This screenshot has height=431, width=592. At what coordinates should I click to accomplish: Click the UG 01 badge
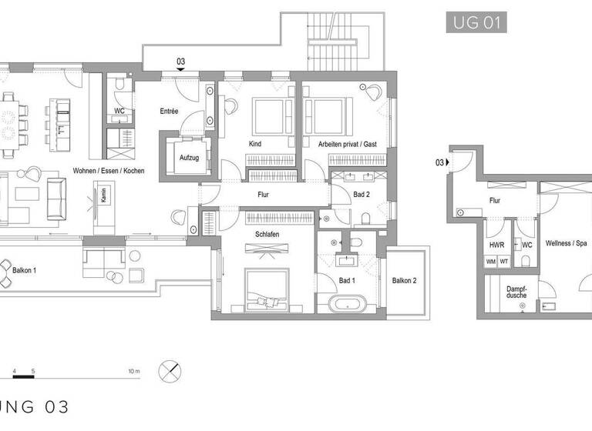coord(476,22)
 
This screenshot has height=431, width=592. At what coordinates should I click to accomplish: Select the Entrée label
coord(168,111)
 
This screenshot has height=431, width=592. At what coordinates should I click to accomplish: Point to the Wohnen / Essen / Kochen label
coord(108,170)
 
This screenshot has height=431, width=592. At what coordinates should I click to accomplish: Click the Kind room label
coord(255,144)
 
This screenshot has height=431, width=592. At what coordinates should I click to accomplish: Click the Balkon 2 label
coord(404,280)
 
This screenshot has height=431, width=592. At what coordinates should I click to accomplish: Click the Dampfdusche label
coord(516,293)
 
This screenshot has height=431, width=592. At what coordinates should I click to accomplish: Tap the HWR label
coord(496,245)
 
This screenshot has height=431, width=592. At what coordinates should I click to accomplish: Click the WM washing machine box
coord(491,262)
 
